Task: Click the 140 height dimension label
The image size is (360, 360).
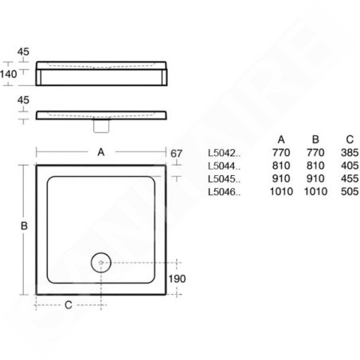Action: (x=9, y=74)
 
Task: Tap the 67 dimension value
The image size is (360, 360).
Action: (x=176, y=154)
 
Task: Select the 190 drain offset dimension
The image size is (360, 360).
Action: (x=177, y=279)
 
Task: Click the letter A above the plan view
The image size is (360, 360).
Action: (x=101, y=152)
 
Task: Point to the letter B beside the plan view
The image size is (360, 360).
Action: (x=24, y=226)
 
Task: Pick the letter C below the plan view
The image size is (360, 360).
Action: (x=68, y=305)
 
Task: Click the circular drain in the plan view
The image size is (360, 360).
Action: (x=101, y=263)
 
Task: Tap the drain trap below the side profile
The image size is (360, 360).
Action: (x=101, y=126)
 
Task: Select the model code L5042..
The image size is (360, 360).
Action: (x=224, y=153)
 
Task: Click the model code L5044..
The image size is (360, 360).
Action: (x=224, y=166)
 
